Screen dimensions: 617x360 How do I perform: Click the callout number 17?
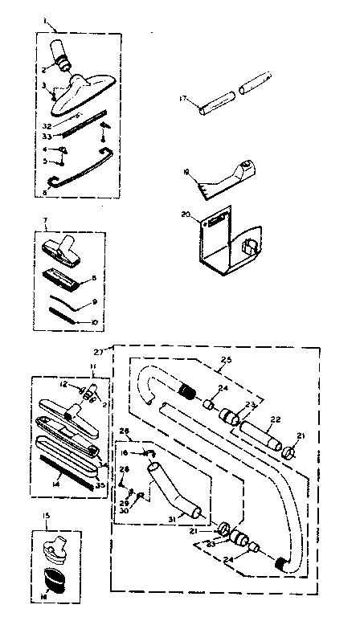pos(182,99)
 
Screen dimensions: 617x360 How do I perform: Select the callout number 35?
pos(100,485)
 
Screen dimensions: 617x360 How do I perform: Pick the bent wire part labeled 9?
pos(68,306)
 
